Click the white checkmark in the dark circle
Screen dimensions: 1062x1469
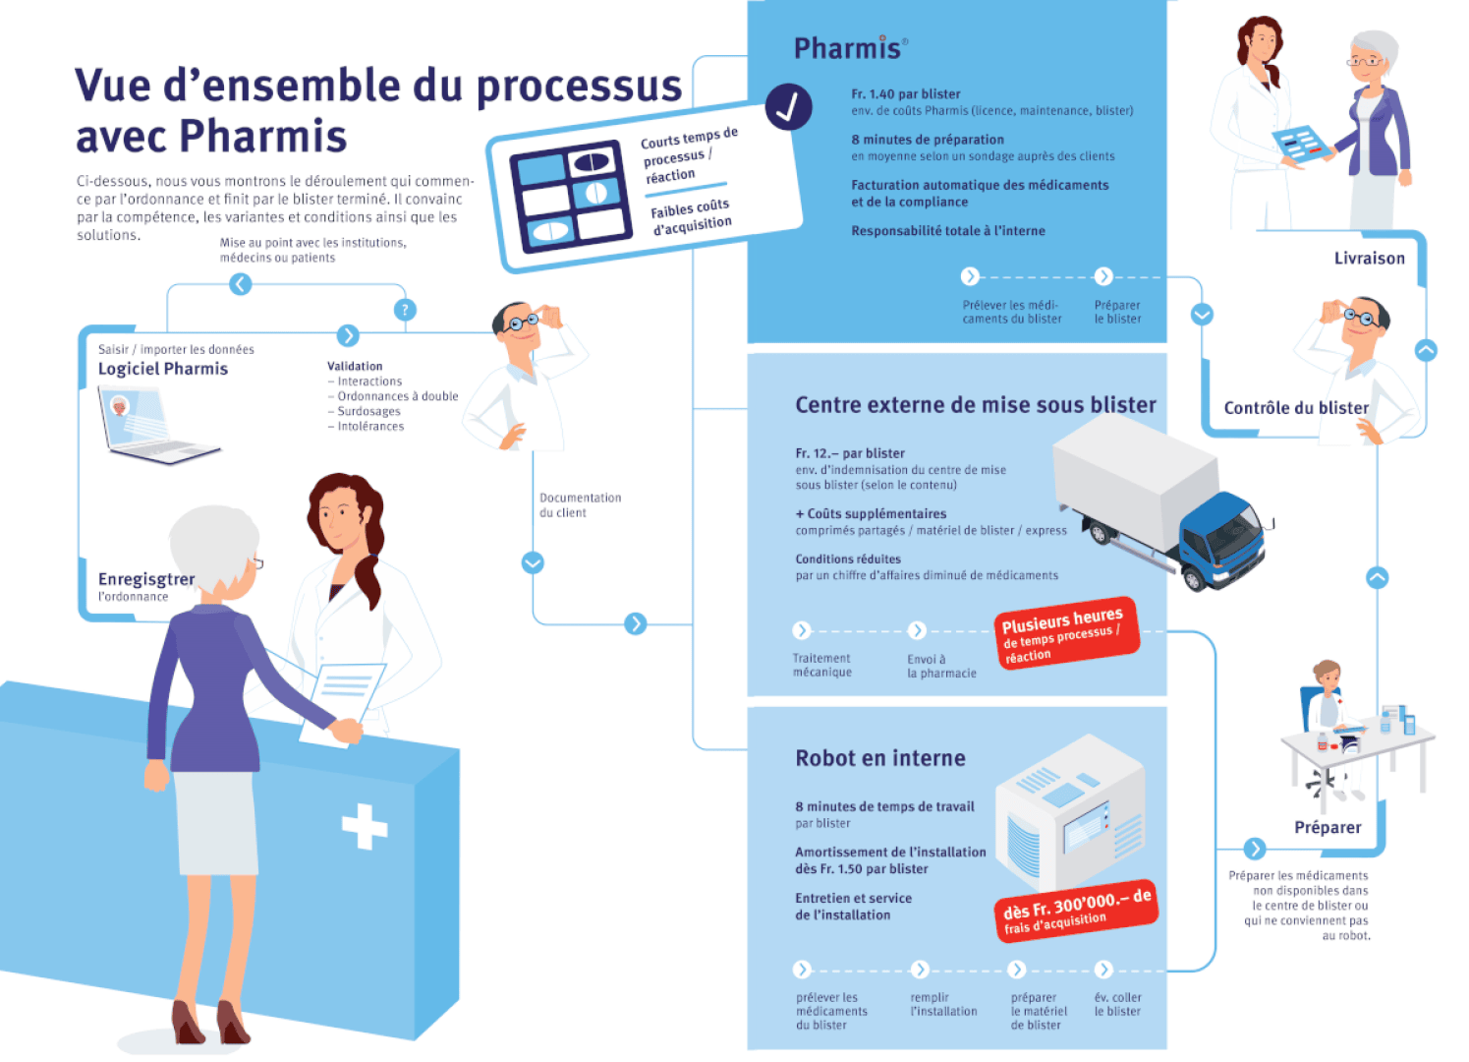(x=788, y=107)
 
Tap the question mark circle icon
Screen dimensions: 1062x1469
(x=405, y=310)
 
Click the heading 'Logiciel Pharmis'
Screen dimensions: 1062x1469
(x=163, y=369)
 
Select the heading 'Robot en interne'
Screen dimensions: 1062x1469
(x=880, y=758)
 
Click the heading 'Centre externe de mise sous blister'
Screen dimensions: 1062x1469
(x=975, y=405)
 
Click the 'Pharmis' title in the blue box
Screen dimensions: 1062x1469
(x=848, y=48)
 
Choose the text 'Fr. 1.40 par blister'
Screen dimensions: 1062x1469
(x=905, y=94)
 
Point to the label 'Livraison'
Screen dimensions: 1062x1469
(x=1369, y=259)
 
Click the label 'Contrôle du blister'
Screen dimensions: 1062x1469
(x=1295, y=408)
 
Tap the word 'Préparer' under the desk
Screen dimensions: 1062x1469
(x=1328, y=828)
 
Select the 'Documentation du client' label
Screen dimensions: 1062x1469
(x=580, y=505)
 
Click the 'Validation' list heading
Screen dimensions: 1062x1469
(x=355, y=366)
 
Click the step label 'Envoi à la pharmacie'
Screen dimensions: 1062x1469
(x=941, y=667)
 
